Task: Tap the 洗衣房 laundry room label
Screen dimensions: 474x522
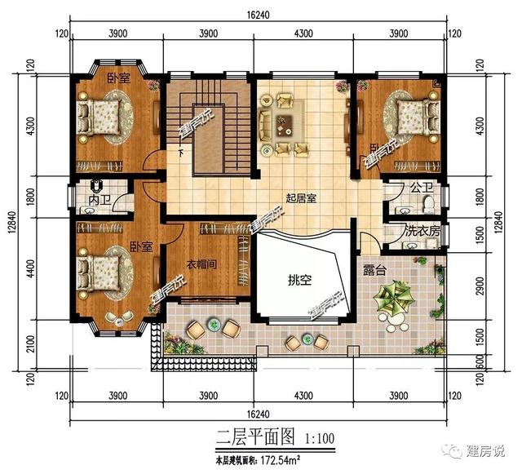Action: click(422, 232)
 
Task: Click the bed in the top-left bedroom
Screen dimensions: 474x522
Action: click(101, 116)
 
